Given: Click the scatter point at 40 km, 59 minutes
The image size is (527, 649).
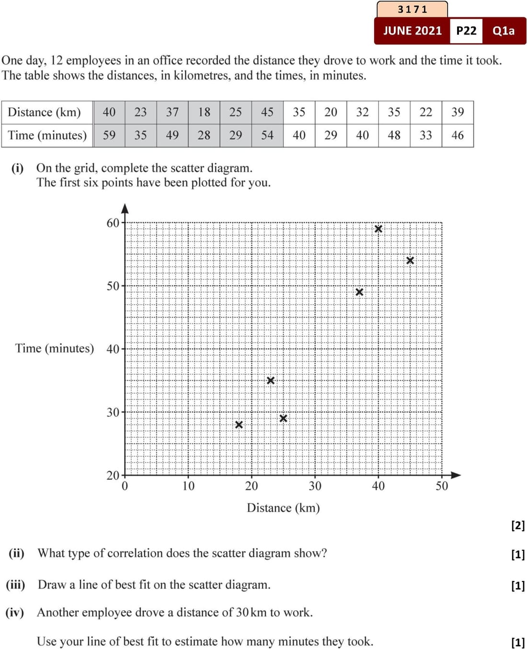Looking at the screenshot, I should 378,229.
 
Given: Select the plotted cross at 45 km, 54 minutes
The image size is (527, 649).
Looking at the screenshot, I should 410,261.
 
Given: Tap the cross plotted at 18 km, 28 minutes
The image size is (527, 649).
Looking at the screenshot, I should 239,425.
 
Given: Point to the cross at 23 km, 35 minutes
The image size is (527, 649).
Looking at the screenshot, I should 271,380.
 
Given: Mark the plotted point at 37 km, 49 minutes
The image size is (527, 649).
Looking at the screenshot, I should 359,292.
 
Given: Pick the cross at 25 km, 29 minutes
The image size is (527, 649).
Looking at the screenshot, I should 283,418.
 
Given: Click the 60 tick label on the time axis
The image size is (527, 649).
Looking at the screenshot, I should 113,223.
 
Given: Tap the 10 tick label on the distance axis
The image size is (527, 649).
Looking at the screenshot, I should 188,486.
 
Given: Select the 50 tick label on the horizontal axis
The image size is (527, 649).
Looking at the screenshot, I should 442,486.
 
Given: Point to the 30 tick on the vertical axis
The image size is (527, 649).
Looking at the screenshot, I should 113,412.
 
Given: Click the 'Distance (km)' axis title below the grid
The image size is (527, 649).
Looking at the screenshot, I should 283,508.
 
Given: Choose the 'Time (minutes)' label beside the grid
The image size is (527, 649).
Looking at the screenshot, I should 55,348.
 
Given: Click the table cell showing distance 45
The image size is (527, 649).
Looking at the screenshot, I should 267,112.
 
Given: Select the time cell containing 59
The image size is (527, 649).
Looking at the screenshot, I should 109,135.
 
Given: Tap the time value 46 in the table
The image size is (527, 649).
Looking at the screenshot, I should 458,135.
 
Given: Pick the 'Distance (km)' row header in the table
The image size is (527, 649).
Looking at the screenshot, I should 44,112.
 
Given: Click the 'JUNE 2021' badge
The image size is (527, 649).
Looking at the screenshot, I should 412,31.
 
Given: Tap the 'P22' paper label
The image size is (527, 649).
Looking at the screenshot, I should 466,31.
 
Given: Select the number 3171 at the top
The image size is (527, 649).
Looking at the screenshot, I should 412,9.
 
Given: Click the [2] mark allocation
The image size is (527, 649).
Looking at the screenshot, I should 518,525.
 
